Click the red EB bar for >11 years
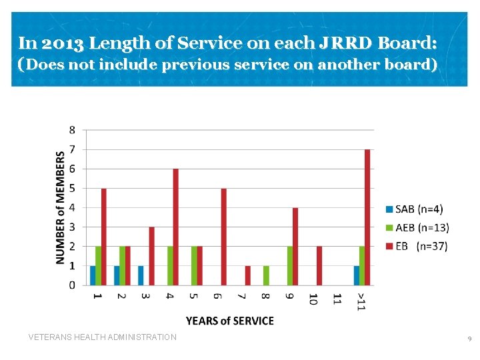coord(367,217)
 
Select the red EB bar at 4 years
coord(175,227)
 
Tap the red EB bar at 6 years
coord(223,237)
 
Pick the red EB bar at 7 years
coord(248,275)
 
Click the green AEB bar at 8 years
coord(266,275)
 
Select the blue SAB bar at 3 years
coord(141,275)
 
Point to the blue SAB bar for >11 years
coord(357,275)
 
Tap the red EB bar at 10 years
coord(319,265)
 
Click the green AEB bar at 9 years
coord(290,265)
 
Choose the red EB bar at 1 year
coord(103,237)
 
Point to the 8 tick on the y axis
coord(72,129)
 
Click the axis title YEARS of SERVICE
coord(229,321)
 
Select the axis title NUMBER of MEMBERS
coord(60,207)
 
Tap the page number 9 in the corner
coord(469,339)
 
